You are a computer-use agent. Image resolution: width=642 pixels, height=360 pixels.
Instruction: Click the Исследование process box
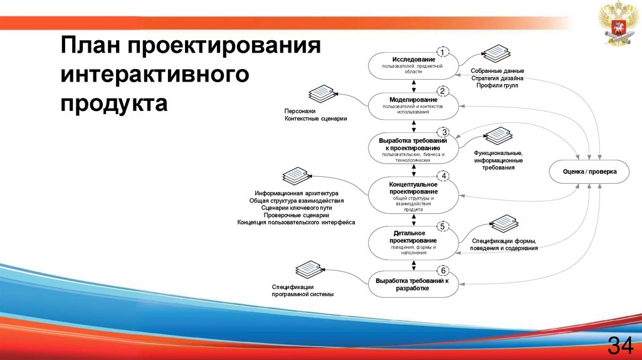pyautogui.click(x=413, y=66)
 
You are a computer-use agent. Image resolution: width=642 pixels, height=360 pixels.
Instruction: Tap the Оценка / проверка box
pyautogui.click(x=589, y=171)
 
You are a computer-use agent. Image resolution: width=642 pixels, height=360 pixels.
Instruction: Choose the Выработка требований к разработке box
pyautogui.click(x=413, y=284)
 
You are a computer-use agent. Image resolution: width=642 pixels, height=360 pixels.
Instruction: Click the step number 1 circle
pyautogui.click(x=443, y=52)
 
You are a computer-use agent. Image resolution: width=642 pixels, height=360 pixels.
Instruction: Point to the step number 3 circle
pyautogui.click(x=443, y=132)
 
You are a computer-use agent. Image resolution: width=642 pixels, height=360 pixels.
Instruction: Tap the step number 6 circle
pyautogui.click(x=443, y=270)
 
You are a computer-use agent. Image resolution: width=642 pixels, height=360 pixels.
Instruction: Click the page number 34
pyautogui.click(x=619, y=344)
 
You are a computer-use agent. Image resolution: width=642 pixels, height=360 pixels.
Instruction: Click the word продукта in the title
pyautogui.click(x=114, y=103)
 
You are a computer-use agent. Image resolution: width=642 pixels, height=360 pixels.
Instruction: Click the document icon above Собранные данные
pyautogui.click(x=497, y=53)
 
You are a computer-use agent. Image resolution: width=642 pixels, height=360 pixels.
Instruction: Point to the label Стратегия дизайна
pyautogui.click(x=497, y=78)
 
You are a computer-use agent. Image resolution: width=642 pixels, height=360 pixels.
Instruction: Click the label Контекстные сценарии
pyautogui.click(x=315, y=118)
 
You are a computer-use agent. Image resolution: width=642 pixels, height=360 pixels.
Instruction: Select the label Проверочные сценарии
pyautogui.click(x=297, y=215)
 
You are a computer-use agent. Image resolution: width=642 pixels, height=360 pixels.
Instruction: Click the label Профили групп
pyautogui.click(x=497, y=85)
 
